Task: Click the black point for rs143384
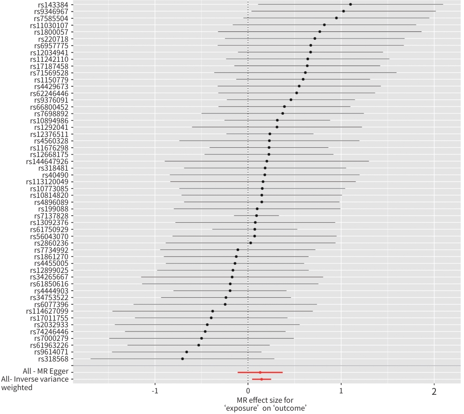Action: tap(351, 4)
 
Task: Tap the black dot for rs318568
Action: tap(182, 359)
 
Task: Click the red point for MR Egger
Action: tap(260, 372)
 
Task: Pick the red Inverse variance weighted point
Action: tap(261, 379)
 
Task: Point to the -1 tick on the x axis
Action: tap(156, 392)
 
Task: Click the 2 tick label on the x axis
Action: tap(434, 392)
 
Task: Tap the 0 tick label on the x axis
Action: tap(248, 392)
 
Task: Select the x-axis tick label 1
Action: tap(341, 392)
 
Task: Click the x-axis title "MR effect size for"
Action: tap(248, 400)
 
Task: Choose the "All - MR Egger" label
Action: tap(44, 372)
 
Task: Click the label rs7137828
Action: tap(51, 216)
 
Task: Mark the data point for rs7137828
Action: tap(256, 216)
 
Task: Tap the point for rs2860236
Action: tap(251, 243)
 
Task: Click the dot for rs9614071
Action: tap(187, 352)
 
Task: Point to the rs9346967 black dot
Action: tap(344, 11)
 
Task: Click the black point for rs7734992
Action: tap(238, 250)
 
